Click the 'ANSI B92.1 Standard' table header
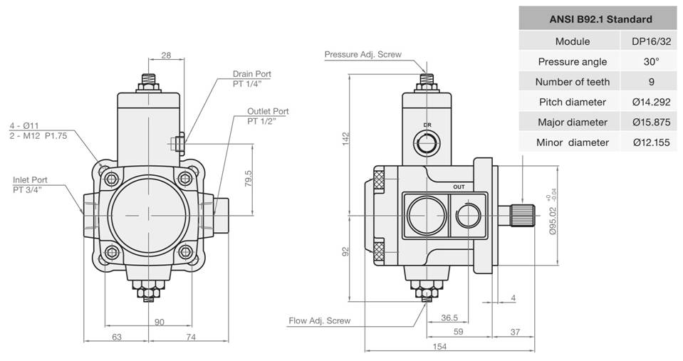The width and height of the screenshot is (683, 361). [x=600, y=19]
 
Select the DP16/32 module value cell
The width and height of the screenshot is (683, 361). [x=651, y=41]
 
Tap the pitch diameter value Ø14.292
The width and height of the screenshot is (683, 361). [x=651, y=102]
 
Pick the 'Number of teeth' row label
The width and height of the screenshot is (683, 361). [x=573, y=82]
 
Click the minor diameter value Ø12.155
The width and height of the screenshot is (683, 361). [x=651, y=142]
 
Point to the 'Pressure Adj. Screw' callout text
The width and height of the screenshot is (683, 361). [x=363, y=54]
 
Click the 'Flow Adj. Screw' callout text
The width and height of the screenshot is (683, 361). [x=319, y=321]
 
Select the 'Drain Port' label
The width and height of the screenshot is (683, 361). [x=252, y=74]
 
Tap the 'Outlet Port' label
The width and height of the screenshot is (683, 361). [x=268, y=112]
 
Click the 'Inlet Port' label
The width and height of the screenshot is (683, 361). [x=30, y=180]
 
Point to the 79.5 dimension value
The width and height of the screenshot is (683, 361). [x=249, y=179]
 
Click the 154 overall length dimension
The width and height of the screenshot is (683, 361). [x=439, y=347]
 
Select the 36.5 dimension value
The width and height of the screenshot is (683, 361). [x=449, y=318]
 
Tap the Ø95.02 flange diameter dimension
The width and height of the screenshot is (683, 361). [x=553, y=221]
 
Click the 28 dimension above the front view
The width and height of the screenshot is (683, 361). [x=166, y=56]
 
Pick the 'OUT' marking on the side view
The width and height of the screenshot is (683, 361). [x=459, y=187]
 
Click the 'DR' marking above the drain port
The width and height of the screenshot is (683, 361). [x=427, y=125]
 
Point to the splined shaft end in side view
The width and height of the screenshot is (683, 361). [x=522, y=215]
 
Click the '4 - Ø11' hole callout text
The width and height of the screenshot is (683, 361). [x=24, y=126]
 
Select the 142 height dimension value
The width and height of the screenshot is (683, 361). [x=346, y=139]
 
